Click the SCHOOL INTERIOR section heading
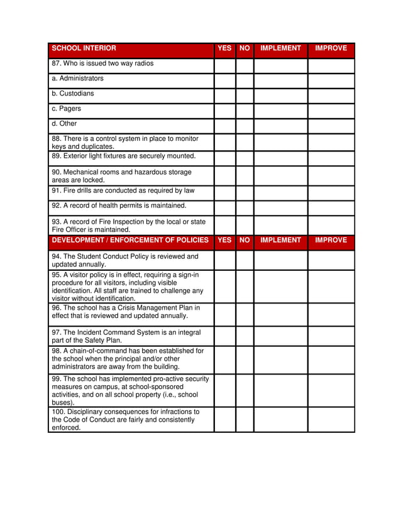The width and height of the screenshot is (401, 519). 84,48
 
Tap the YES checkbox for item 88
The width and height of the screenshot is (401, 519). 224,142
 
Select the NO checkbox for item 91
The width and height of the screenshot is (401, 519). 244,192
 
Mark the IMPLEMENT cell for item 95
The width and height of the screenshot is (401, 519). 280,287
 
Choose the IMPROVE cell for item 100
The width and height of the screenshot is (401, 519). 331,420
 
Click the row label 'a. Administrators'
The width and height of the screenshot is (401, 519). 77,79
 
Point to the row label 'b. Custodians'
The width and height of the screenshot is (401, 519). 73,94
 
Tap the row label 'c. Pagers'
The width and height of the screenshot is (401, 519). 66,109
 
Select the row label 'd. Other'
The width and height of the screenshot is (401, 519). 64,124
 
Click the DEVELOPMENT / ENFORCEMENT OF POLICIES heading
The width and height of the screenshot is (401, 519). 130,240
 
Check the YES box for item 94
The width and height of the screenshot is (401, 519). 224,260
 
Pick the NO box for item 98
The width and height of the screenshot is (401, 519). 244,359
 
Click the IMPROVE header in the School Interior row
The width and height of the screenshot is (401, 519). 331,48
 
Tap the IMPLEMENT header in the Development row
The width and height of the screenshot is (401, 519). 280,240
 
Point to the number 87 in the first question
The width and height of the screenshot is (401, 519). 55,63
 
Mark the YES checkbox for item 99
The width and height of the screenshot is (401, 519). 224,390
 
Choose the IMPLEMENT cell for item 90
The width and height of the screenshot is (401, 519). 280,176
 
